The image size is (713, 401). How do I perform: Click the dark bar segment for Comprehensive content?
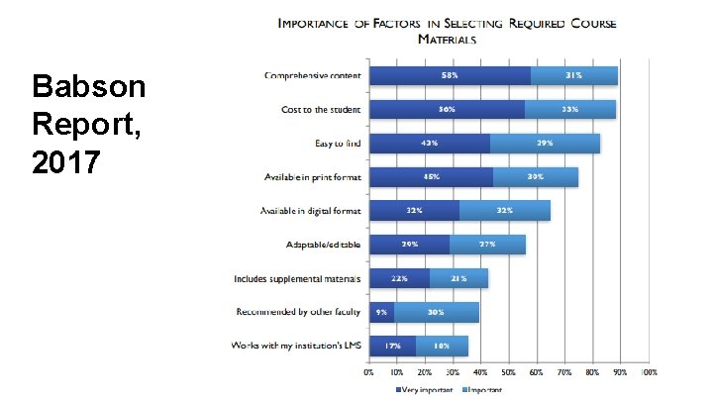450,75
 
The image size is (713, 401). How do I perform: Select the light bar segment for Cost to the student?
570,109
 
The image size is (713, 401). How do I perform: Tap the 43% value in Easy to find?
430,144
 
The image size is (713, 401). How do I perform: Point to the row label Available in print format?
312,177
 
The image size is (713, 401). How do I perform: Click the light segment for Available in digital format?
505,211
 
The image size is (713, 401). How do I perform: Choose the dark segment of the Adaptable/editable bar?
409,245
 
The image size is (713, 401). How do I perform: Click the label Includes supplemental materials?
297,279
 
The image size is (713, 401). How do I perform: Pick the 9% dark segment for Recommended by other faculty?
381,313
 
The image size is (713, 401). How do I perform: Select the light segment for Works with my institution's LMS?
442,347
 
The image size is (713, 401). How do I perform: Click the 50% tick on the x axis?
509,372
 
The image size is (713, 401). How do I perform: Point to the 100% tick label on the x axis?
649,372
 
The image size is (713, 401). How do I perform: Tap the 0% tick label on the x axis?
369,372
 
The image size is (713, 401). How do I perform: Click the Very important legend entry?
425,389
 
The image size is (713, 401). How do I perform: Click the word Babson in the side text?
88,89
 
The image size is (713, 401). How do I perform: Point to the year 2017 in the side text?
67,161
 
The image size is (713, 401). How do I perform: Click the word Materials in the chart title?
447,40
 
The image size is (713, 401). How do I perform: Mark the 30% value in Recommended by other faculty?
436,313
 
